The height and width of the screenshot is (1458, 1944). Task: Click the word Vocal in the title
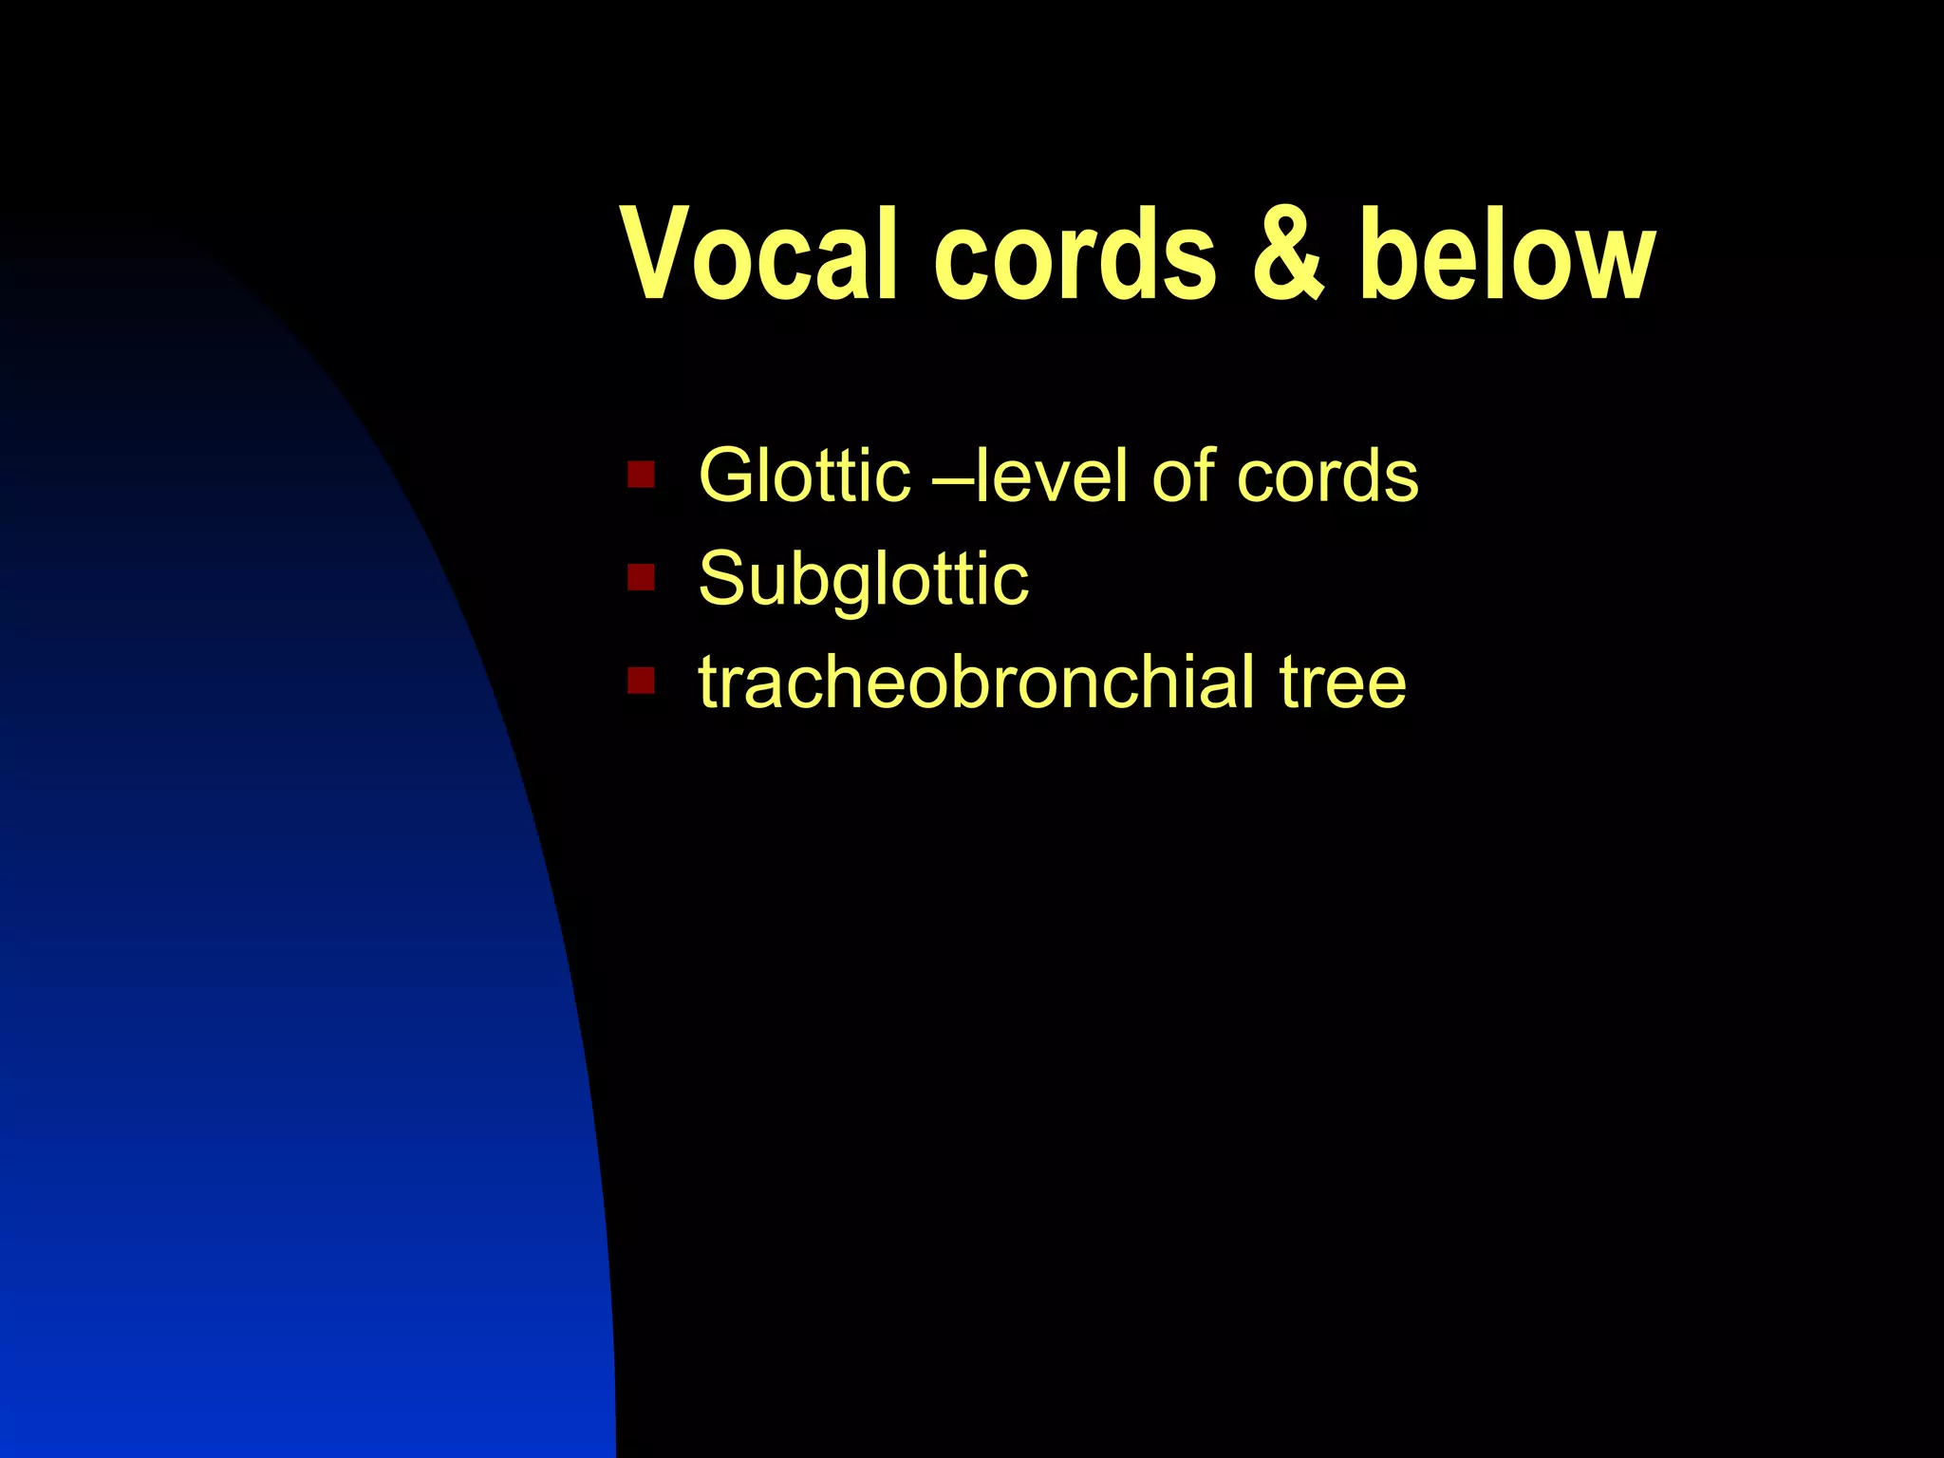[759, 254]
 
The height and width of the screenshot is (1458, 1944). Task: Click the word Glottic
[804, 475]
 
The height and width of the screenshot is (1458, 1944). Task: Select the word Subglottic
[863, 579]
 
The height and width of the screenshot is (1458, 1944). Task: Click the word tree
[1342, 682]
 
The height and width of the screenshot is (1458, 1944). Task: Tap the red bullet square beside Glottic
[641, 474]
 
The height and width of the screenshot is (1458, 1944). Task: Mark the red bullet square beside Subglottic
[641, 577]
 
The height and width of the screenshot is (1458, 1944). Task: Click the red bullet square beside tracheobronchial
[641, 681]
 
